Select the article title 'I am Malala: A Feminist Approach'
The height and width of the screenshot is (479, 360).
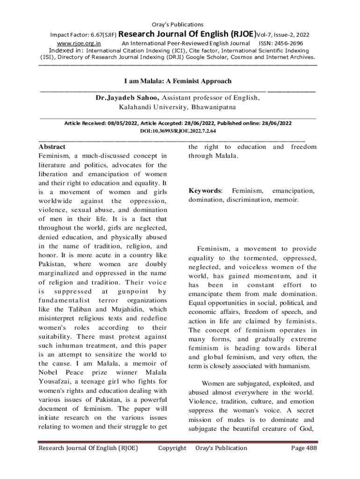click(x=178, y=81)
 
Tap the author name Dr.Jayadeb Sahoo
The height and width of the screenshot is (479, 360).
click(x=127, y=98)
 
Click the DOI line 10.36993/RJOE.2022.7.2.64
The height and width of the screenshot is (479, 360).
click(x=178, y=131)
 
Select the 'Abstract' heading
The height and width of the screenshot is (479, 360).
click(x=52, y=147)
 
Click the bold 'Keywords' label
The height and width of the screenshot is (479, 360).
click(x=205, y=191)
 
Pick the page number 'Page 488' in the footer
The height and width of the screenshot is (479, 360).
click(x=303, y=448)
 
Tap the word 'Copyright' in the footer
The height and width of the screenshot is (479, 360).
click(x=172, y=448)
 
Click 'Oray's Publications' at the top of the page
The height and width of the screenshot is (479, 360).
click(x=178, y=24)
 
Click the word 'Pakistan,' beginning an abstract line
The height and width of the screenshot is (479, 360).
click(x=52, y=264)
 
